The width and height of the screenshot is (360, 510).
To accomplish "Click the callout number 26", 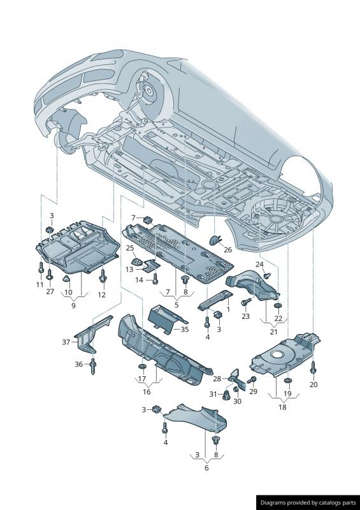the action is coord(227,249).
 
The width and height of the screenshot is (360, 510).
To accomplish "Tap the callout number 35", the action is coord(185,329).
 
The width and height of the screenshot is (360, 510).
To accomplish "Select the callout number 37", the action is coord(66,342).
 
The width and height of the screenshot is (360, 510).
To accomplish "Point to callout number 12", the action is coord(102,295).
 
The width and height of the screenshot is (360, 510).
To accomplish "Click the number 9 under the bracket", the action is coord(73,306).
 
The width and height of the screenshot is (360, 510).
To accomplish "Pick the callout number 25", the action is coord(130,248).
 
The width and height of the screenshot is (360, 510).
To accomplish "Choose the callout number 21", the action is coord(273,331).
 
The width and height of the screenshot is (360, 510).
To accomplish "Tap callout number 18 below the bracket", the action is coord(282,407).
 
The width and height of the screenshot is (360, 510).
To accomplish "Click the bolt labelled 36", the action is coord(93,365).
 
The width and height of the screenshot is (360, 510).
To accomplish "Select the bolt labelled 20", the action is coord(313,368).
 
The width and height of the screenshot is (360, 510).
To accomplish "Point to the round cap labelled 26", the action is coord(215,240).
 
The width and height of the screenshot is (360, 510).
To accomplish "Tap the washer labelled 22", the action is coord(278,306).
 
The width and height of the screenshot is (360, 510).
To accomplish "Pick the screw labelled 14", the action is coord(155,279).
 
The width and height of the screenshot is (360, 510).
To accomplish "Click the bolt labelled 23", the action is coord(245,302).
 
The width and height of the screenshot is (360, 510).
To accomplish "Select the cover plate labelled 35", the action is coord(166,318).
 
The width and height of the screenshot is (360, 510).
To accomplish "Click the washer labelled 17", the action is coord(142,367).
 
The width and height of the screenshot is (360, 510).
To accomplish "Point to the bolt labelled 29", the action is coord(252,379).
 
